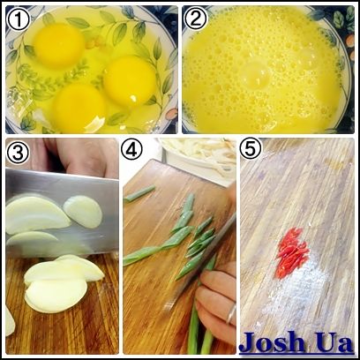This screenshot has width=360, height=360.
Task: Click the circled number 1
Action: point(19,19)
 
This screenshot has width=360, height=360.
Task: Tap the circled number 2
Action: point(196,19)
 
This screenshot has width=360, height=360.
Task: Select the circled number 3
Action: point(18,153)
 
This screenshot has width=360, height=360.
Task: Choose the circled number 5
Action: point(251,148)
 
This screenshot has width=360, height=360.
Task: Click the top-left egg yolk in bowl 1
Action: point(59,46)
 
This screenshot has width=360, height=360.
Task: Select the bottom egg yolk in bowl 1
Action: point(79,108)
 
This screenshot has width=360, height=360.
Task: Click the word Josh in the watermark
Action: point(272,342)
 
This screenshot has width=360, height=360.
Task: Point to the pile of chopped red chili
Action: point(292,252)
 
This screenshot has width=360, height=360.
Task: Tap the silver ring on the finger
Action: point(231,314)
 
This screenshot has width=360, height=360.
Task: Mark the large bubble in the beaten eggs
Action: point(257,75)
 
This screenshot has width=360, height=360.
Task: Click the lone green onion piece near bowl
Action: point(139,194)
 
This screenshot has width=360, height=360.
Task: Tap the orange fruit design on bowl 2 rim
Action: point(350,41)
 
